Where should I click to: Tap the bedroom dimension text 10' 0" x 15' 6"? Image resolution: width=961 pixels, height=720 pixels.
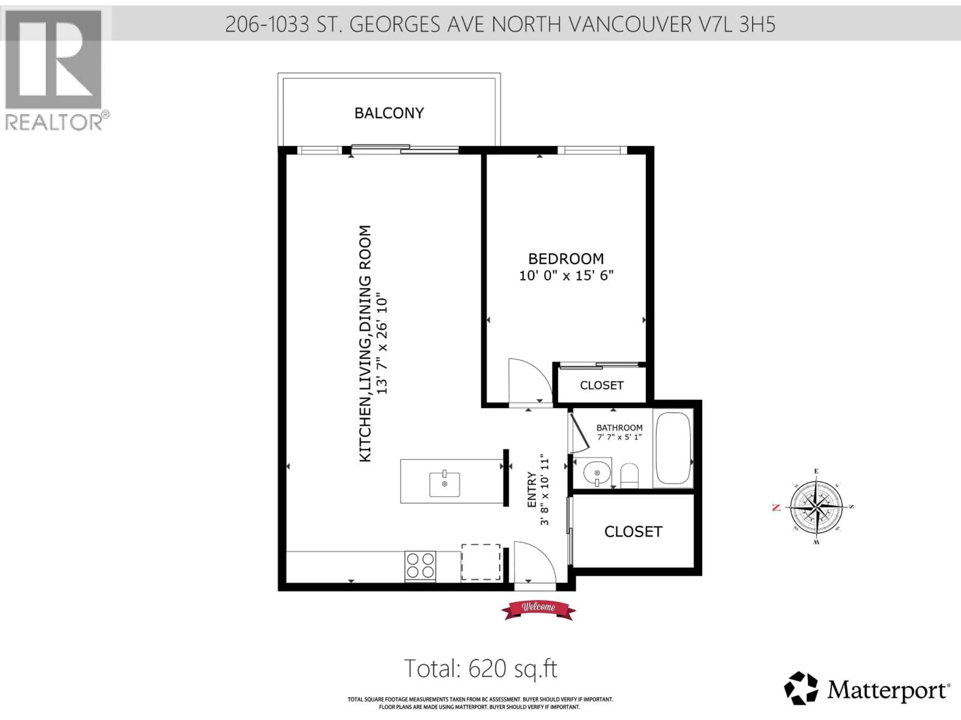pos(566,275)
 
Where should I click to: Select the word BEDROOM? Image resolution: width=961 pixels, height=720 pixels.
pos(566,259)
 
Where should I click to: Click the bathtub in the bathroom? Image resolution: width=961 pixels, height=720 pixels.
pos(673,448)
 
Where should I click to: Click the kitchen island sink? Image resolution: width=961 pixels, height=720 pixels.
pos(444,484)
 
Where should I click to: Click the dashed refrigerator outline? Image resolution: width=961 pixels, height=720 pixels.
pos(480,562)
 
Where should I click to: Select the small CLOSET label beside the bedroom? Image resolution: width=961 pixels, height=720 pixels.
pos(602,385)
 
